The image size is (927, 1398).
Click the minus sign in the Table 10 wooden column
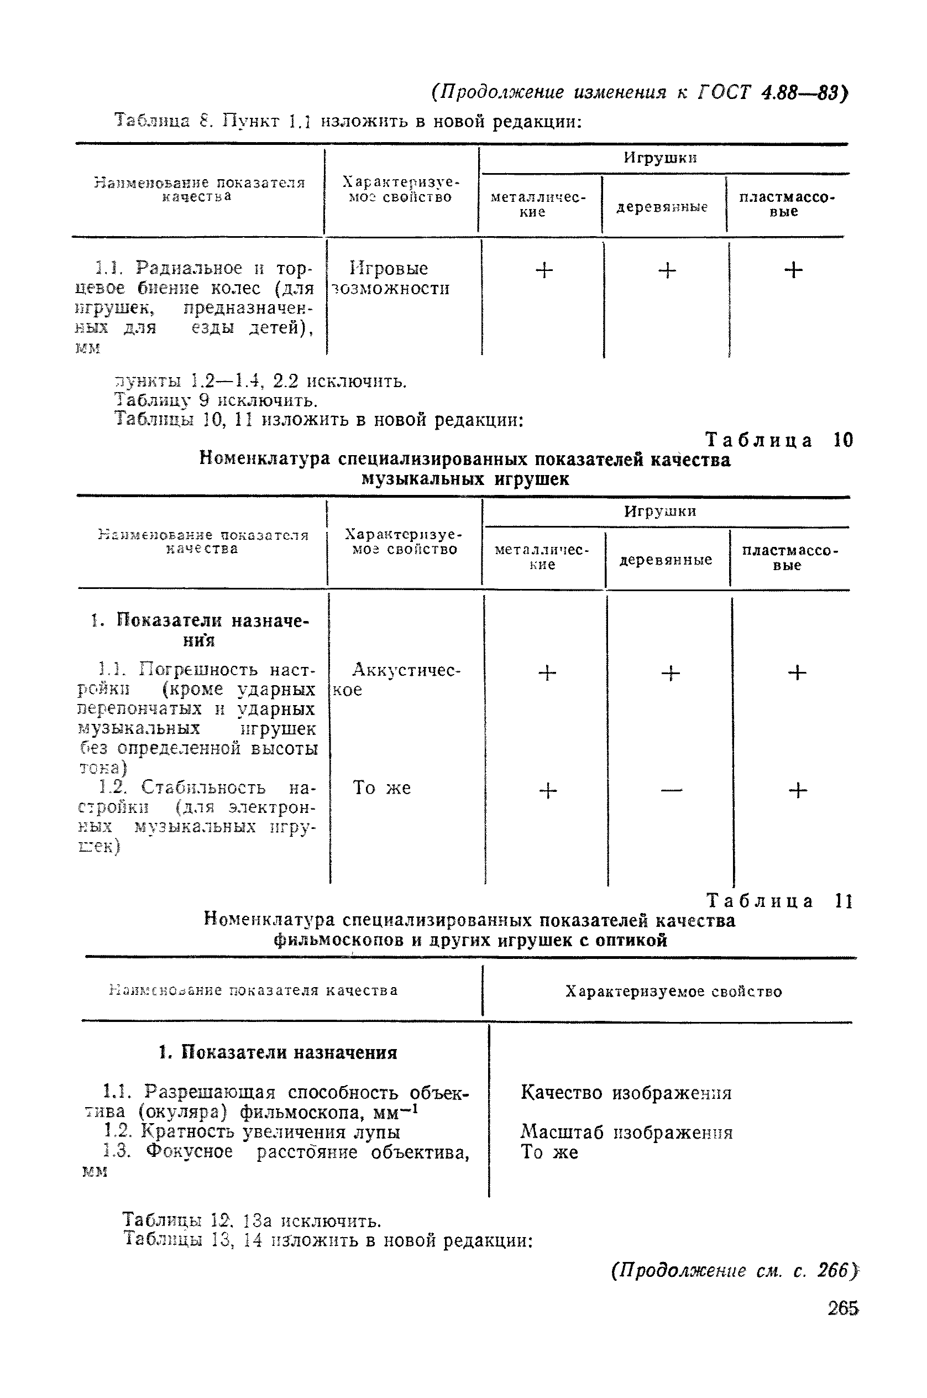671,790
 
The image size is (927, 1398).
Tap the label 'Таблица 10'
780,440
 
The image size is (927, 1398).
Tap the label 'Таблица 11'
780,901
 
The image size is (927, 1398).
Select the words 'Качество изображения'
626,1092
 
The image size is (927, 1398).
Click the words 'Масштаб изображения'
626,1132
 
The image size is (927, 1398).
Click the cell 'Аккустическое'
396,680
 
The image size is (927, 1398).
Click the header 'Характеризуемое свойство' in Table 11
673,992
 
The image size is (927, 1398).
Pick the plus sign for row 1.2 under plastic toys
798,790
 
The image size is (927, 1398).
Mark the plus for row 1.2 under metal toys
548,790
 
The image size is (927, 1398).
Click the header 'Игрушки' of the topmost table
661,158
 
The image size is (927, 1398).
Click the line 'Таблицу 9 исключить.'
216,401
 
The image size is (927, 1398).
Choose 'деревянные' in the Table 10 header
666,560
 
